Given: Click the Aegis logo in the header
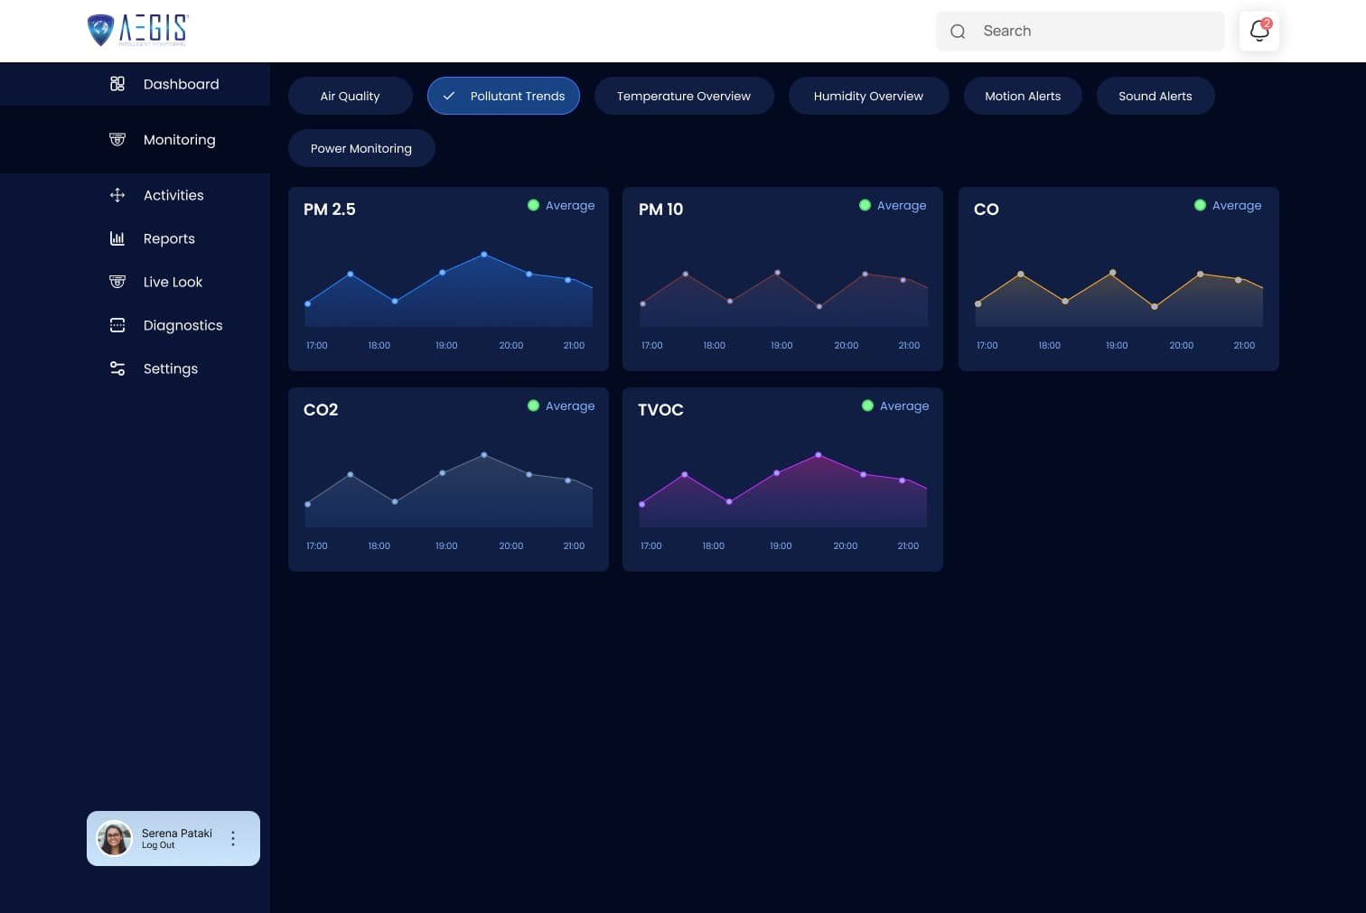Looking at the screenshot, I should [137, 30].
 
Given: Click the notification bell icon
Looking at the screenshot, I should [1258, 31].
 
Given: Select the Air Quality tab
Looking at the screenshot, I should [350, 96].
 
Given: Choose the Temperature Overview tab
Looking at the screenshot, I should [683, 96].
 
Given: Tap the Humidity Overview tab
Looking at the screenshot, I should [867, 96].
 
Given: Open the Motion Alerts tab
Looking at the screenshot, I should [1022, 96].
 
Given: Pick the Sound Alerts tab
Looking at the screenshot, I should [1155, 96].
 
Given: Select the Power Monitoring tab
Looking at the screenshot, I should [360, 148].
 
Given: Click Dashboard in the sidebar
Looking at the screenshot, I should [181, 84].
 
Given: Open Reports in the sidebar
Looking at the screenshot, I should [169, 238].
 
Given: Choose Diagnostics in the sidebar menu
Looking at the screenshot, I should [182, 325].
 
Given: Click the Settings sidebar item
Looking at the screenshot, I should [170, 368].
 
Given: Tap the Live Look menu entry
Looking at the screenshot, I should [173, 282].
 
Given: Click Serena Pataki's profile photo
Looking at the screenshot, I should [114, 838].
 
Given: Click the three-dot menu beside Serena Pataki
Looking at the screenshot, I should [233, 838].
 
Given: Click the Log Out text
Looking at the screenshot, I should [158, 845].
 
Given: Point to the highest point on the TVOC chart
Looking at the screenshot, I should [819, 455].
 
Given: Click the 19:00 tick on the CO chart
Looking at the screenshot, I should [1117, 346].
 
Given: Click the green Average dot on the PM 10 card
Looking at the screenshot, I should [865, 205].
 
